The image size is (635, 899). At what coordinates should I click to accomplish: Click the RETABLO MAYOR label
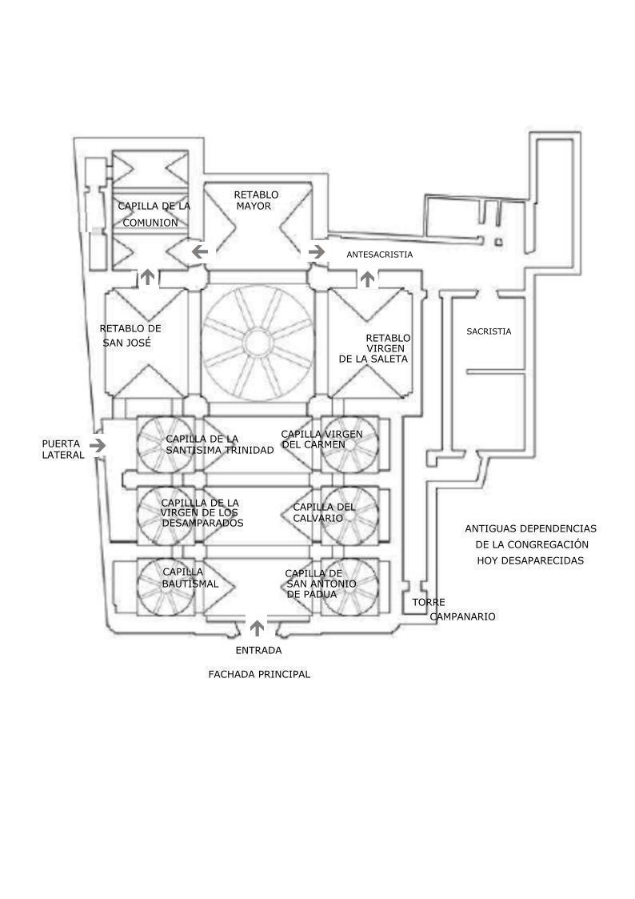(x=256, y=201)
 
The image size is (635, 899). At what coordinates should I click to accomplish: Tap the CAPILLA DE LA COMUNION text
(x=154, y=214)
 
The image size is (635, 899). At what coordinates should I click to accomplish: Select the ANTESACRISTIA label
(x=380, y=255)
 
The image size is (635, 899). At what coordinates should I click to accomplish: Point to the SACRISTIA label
(x=489, y=331)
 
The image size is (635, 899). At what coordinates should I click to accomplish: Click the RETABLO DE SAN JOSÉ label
(x=130, y=335)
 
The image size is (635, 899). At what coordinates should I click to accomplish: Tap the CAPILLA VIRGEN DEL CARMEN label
(x=321, y=439)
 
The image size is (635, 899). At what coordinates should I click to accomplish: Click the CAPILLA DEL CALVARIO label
(x=324, y=512)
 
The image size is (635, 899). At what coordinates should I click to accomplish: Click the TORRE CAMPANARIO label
(x=453, y=609)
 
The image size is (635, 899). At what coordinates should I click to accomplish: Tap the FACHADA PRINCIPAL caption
(x=259, y=674)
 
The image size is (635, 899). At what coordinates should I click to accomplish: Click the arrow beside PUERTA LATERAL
(x=98, y=445)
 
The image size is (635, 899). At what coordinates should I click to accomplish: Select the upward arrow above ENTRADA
(x=258, y=628)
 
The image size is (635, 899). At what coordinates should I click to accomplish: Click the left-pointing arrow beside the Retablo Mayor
(x=200, y=251)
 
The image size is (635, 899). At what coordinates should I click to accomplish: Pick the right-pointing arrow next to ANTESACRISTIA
(x=316, y=251)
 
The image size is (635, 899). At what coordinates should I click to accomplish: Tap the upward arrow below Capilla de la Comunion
(x=148, y=277)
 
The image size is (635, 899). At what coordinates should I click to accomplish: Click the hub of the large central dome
(x=258, y=343)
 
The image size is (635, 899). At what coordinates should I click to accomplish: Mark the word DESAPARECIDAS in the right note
(x=530, y=560)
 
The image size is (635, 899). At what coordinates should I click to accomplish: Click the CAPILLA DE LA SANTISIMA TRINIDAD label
(x=220, y=445)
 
